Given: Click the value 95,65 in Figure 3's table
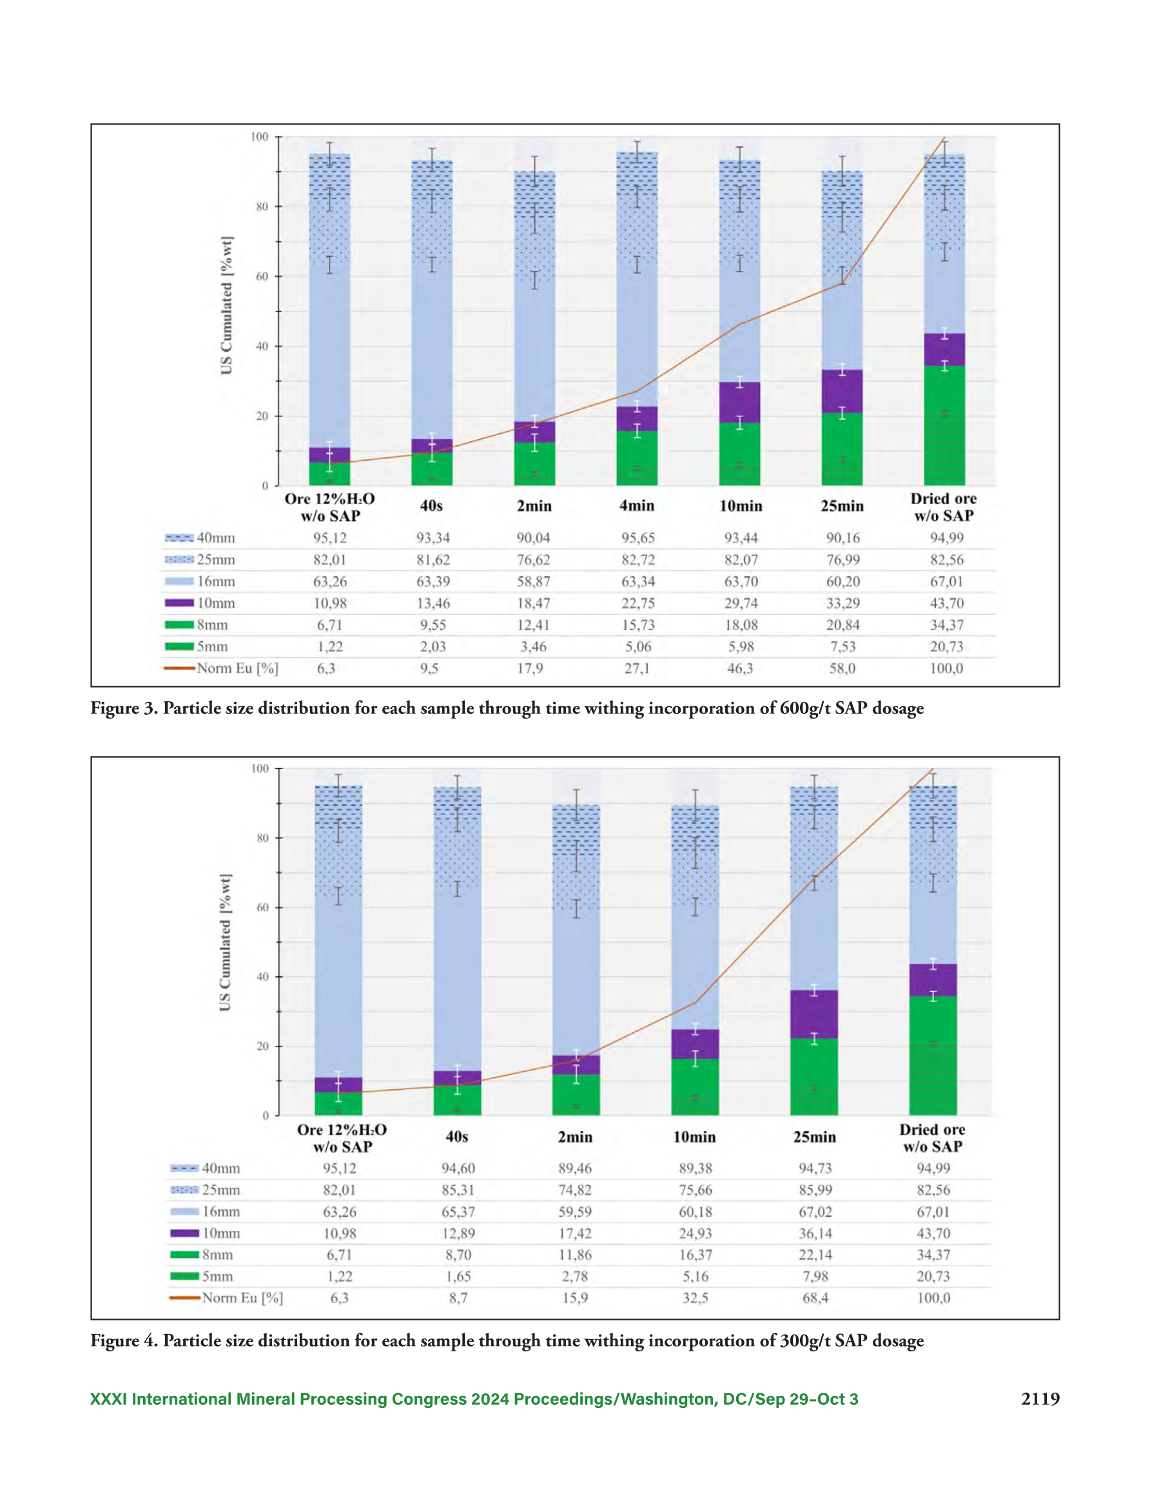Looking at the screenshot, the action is tap(638, 537).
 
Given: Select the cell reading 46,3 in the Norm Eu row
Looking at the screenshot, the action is tap(739, 668).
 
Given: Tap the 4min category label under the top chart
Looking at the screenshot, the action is tap(637, 505).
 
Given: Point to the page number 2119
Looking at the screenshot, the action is tap(1040, 1399).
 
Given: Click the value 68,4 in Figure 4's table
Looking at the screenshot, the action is tap(815, 1298).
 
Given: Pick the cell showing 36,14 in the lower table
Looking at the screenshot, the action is tap(815, 1233).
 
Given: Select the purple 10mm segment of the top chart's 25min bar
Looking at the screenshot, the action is tap(843, 391).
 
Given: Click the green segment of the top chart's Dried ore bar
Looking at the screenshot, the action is tap(944, 425).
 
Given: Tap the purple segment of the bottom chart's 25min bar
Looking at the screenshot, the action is tap(814, 1014).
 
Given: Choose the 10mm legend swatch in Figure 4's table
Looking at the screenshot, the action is tap(184, 1233).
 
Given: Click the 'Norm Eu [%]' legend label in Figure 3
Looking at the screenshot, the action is tap(238, 668).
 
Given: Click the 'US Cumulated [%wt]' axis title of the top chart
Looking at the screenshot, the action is tap(226, 305).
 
